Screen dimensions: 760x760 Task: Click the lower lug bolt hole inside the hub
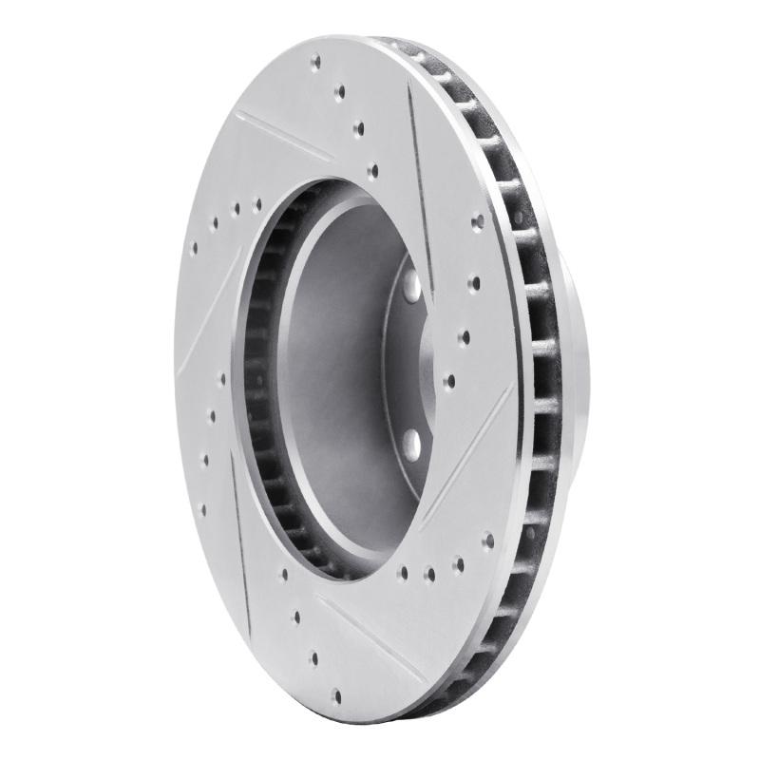(x=411, y=442)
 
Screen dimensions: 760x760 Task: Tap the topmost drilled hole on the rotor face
(x=316, y=63)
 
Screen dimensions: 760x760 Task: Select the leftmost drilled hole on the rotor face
(x=195, y=248)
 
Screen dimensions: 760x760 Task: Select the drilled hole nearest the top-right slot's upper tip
(x=358, y=125)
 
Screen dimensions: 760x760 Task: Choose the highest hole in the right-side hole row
(x=478, y=221)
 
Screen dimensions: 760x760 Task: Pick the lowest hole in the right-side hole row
(x=449, y=382)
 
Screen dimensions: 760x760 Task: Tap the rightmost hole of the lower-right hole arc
(x=488, y=540)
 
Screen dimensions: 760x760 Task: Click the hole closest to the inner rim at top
(x=371, y=171)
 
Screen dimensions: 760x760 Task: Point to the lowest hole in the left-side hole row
(x=201, y=509)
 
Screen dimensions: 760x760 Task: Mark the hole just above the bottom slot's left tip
(x=296, y=616)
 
